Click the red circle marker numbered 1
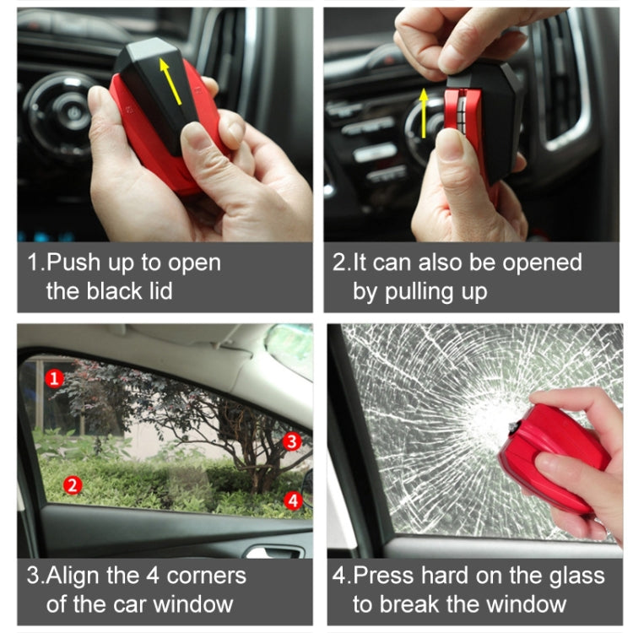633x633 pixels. click(55, 378)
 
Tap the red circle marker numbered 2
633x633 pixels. click(73, 484)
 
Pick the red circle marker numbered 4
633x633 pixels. click(293, 500)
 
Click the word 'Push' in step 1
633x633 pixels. click(69, 262)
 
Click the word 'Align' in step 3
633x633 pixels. click(73, 576)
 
